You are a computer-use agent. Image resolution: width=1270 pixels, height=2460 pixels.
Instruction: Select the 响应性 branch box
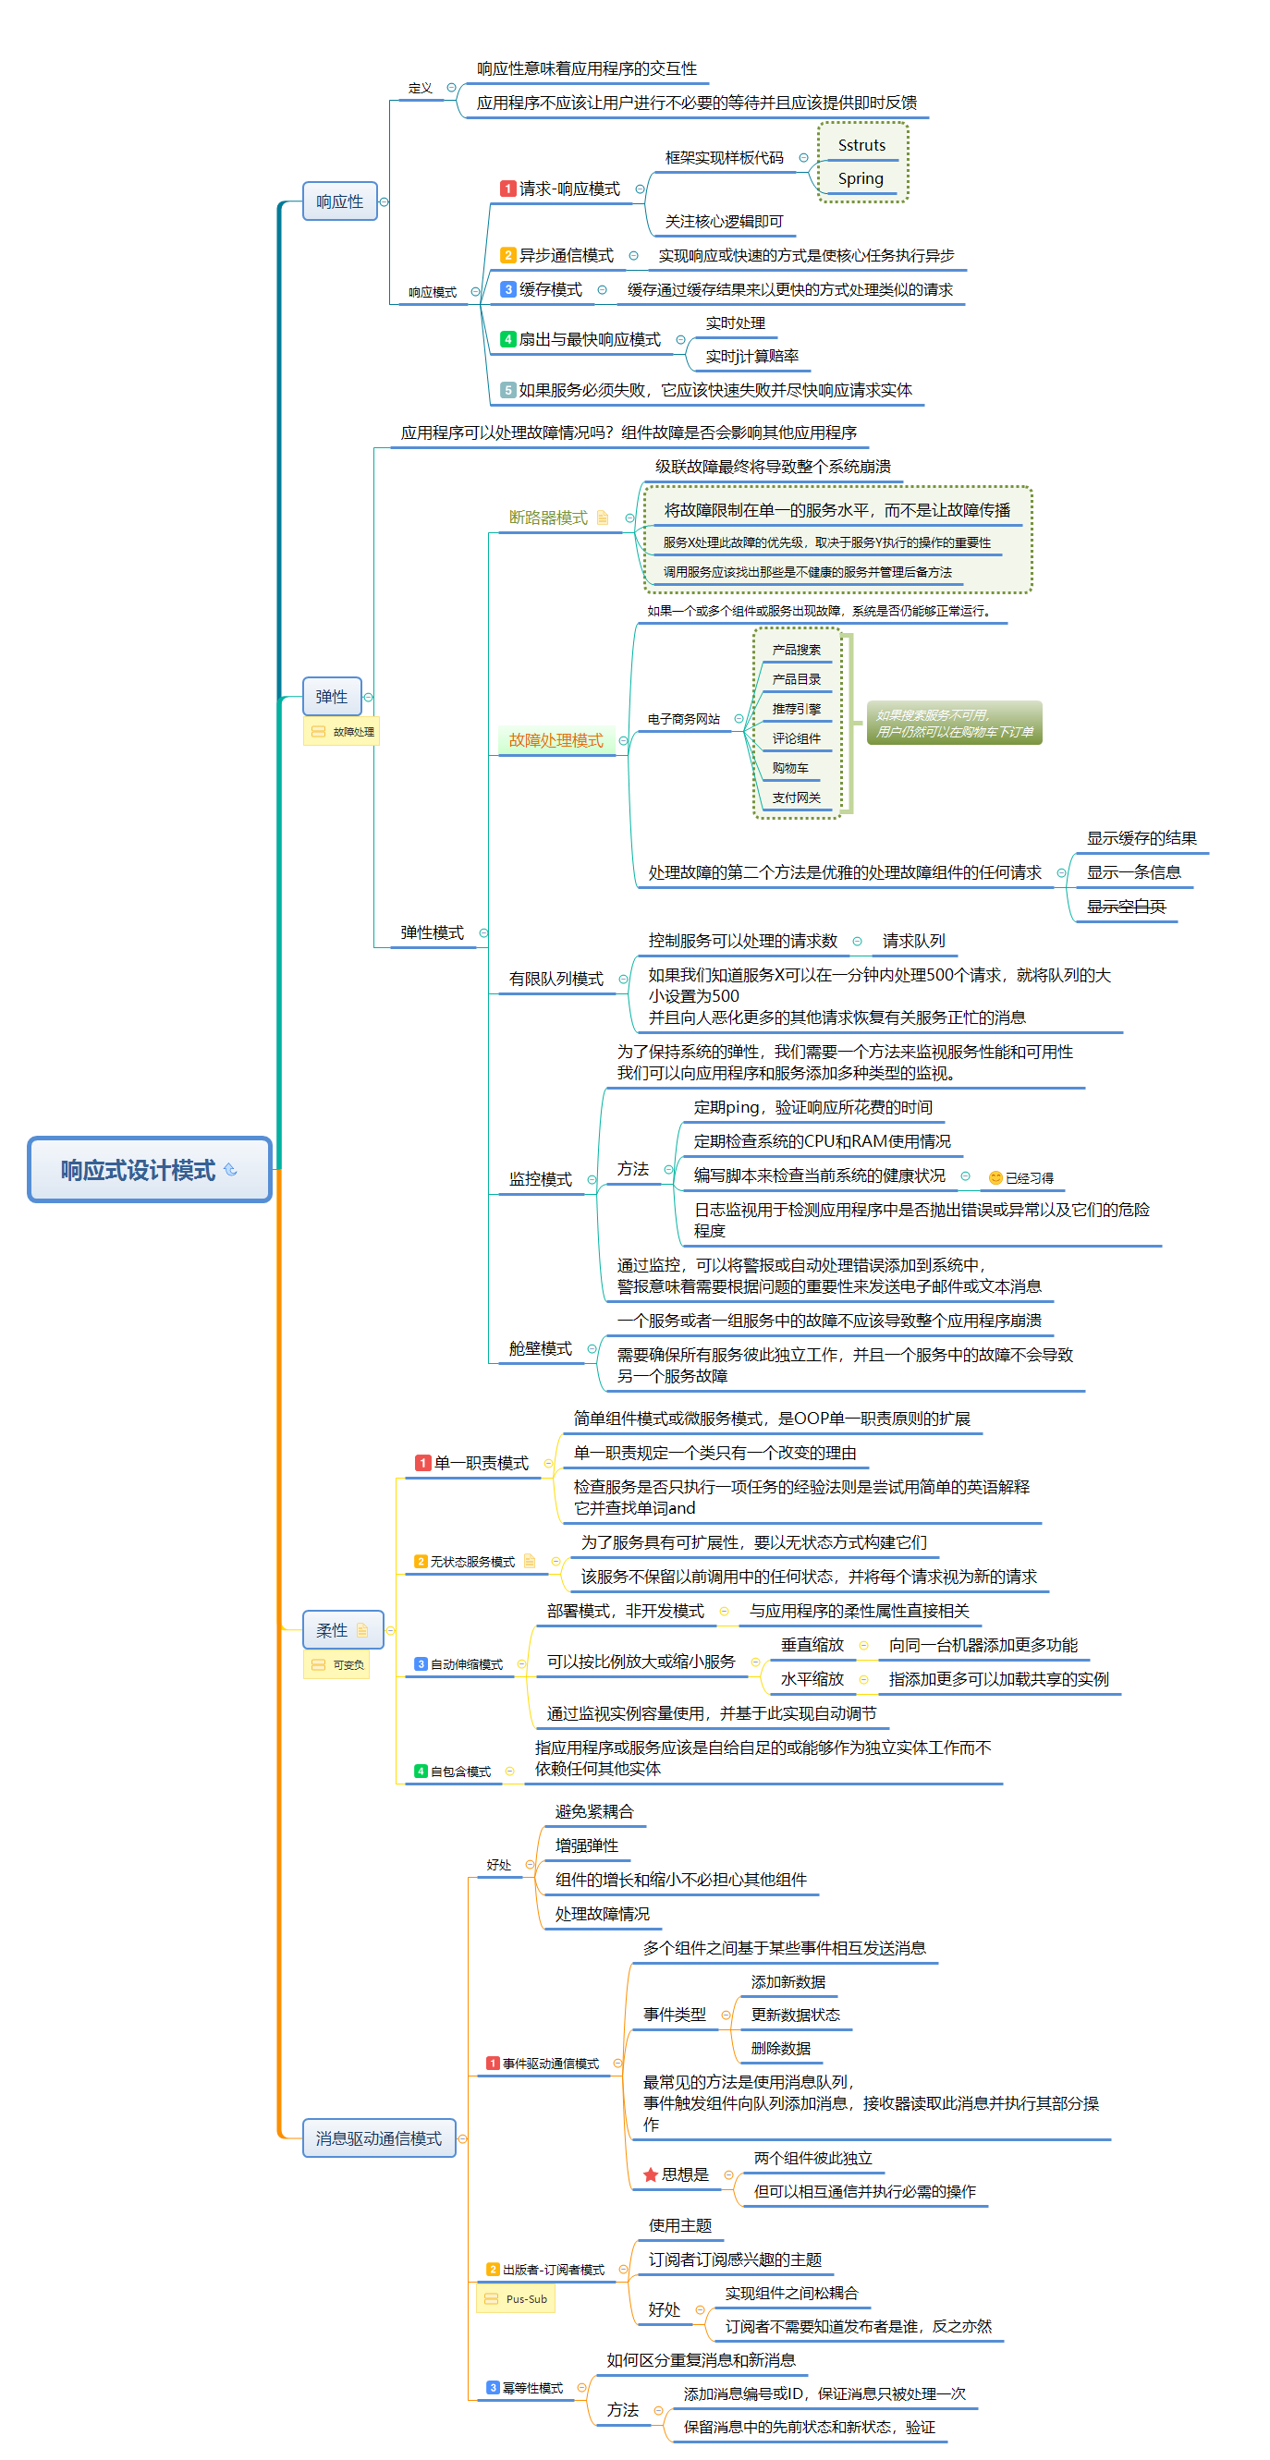click(340, 201)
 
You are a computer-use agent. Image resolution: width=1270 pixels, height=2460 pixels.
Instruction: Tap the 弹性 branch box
click(331, 696)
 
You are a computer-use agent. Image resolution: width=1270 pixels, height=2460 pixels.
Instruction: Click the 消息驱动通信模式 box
click(378, 2138)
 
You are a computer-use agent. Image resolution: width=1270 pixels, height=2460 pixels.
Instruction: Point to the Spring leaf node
click(861, 178)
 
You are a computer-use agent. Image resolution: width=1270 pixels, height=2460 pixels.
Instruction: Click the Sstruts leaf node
click(861, 145)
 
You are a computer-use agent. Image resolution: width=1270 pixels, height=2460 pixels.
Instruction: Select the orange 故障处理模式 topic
click(556, 740)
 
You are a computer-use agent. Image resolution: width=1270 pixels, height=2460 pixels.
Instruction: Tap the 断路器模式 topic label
click(548, 518)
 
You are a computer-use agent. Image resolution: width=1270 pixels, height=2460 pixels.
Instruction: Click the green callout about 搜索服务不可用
click(954, 723)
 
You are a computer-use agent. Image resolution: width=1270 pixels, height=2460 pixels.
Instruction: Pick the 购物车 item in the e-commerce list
click(789, 768)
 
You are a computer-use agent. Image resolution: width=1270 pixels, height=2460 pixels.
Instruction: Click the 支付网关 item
click(796, 798)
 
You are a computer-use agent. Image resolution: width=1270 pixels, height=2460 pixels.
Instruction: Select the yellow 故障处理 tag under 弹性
click(342, 732)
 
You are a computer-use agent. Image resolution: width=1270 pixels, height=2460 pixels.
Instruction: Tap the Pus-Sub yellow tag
click(516, 2298)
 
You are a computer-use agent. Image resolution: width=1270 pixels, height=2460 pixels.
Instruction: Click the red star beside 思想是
click(651, 2174)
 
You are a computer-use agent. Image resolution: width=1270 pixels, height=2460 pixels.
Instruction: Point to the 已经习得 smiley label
click(1020, 1178)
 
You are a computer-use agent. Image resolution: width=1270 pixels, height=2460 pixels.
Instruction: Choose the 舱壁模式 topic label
click(540, 1348)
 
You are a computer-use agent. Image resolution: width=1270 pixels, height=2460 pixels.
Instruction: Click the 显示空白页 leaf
click(1126, 907)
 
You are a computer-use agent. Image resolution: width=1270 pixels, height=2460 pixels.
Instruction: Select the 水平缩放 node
click(812, 1679)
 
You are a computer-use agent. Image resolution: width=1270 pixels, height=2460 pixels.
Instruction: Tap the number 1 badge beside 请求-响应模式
click(508, 189)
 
